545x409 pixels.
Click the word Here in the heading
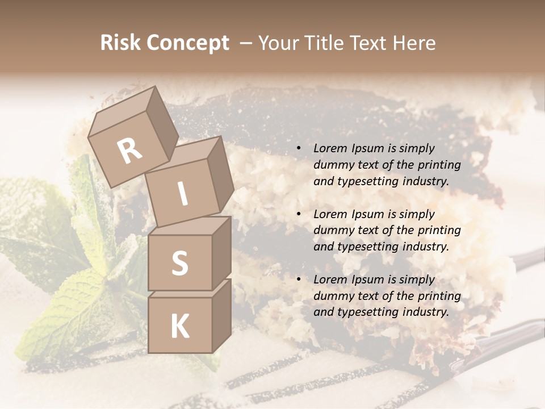(413, 43)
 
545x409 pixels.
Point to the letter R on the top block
(129, 151)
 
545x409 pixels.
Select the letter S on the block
(179, 263)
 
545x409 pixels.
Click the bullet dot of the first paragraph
(298, 149)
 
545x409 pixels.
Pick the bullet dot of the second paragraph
(298, 215)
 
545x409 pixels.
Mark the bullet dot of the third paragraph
(298, 280)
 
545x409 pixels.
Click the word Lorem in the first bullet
(329, 149)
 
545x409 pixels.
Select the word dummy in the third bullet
(331, 296)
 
